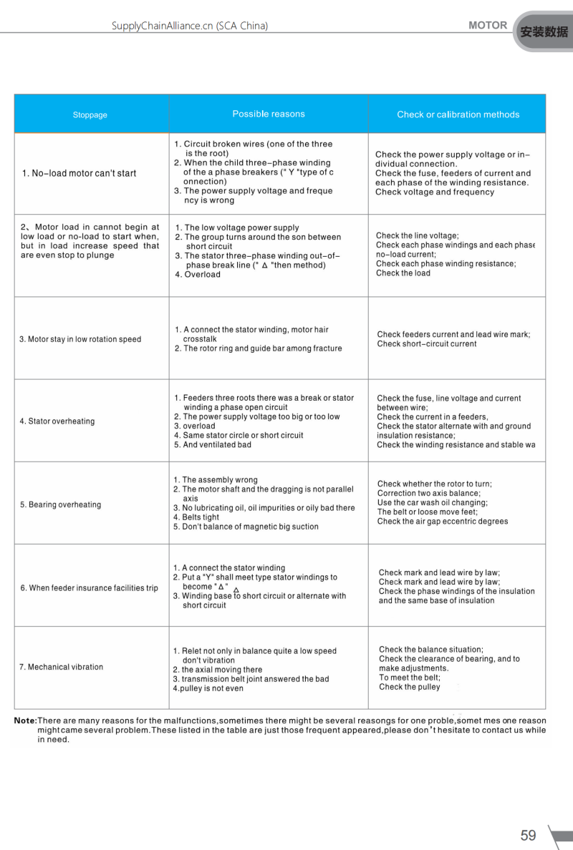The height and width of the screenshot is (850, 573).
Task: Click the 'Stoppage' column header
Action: pos(90,115)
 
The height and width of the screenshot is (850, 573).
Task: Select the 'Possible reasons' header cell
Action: pos(269,114)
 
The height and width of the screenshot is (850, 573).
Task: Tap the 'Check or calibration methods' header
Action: pos(458,114)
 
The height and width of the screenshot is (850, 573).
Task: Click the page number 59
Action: pos(528,835)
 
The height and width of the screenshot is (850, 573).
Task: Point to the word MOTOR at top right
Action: pos(488,25)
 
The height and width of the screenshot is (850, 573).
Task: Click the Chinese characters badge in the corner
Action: pos(544,32)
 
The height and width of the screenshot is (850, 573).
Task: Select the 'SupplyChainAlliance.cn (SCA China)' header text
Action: pos(190,26)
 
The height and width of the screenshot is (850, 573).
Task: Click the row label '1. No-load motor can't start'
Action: pos(79,173)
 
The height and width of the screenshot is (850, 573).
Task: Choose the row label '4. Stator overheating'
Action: pos(57,421)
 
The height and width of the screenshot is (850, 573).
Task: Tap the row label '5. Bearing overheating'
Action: pos(61,504)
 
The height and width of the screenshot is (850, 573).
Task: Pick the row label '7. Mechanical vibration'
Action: pos(62,667)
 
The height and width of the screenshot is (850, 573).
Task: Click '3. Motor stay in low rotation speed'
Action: pos(80,339)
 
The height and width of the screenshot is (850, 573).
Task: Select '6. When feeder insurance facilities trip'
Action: pos(90,588)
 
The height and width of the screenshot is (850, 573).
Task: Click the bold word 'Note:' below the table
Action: pos(26,720)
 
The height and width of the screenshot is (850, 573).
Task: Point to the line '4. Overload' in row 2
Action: pos(198,275)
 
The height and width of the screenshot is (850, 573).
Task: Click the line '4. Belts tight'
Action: pos(196,517)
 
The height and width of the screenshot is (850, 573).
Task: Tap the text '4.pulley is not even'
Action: pos(208,688)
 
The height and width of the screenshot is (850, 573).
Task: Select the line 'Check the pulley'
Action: pos(410,687)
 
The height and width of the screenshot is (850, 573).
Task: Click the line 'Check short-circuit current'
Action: pos(427,344)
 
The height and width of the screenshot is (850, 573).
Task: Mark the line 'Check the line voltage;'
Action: pos(418,235)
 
